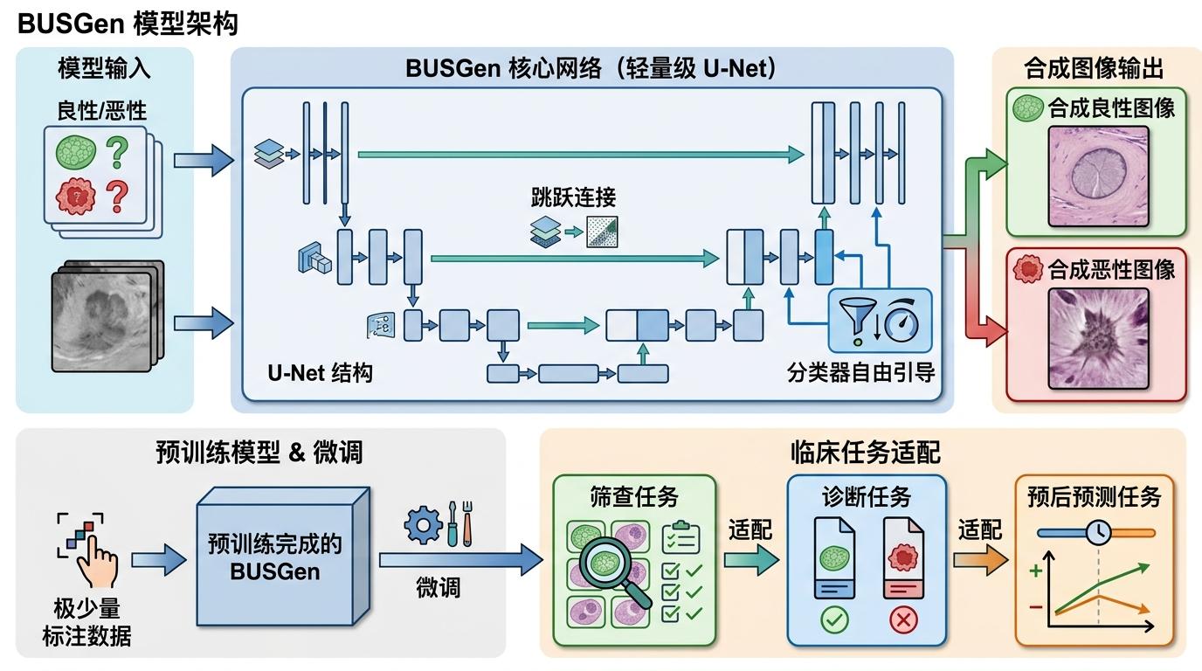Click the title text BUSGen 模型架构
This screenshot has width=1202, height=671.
coord(128,24)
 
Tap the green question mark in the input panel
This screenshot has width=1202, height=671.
coord(116,150)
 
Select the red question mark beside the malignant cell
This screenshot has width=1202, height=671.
coord(116,197)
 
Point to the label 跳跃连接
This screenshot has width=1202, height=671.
coord(573,197)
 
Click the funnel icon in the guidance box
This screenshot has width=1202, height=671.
coord(857,322)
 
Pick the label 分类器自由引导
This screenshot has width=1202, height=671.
coord(860,373)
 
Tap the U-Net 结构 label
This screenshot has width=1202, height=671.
coord(320,373)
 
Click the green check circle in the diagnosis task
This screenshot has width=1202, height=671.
coord(834,621)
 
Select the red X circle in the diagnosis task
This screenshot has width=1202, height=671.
coord(902,621)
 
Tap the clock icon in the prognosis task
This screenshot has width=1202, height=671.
coord(1097,531)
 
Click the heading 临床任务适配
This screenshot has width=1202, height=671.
coord(863,452)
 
